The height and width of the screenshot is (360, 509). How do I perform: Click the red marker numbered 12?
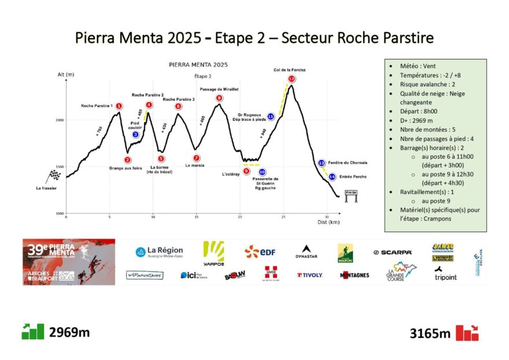(292, 79)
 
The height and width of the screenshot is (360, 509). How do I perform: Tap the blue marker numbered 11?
(271, 117)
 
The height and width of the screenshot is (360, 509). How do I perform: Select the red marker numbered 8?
(219, 98)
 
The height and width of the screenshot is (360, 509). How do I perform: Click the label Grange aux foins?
(126, 168)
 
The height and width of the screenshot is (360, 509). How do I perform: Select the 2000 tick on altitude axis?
(61, 120)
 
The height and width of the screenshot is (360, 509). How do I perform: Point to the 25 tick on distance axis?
(283, 217)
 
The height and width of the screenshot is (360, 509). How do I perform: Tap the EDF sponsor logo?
(259, 252)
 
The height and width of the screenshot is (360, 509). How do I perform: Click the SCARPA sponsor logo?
(392, 252)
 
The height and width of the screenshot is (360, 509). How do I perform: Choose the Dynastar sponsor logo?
(306, 252)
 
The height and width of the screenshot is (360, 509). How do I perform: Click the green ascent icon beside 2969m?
(32, 332)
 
